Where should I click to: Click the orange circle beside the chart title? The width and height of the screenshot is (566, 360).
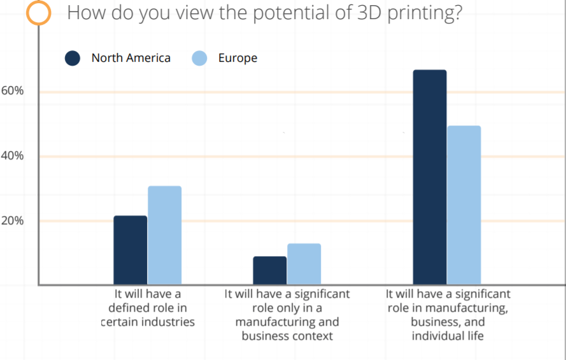tap(39, 13)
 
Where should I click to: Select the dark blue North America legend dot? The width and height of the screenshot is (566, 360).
tap(73, 59)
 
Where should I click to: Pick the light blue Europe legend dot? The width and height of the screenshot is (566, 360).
tap(199, 59)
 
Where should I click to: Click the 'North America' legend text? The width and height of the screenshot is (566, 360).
tap(131, 58)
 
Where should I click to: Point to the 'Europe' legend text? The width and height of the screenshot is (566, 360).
tap(237, 58)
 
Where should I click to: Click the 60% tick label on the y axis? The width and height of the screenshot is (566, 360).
tap(12, 91)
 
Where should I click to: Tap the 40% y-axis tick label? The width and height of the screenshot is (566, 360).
tap(12, 156)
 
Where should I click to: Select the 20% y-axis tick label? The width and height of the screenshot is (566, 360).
tap(12, 221)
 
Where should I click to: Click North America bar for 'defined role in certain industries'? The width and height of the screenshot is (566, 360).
tap(130, 250)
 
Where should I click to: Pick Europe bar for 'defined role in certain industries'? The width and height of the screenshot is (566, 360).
tap(164, 235)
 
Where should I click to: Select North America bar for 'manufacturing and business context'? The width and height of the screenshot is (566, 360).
tap(269, 270)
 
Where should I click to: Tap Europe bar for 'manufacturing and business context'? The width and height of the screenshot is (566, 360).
tap(304, 264)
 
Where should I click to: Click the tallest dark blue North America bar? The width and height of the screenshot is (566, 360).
tap(429, 177)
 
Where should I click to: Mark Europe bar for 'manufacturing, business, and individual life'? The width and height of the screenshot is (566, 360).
tap(463, 205)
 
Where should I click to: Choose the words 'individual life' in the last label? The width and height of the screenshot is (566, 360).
tap(448, 336)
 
